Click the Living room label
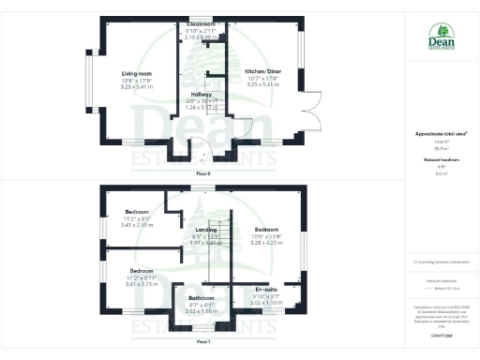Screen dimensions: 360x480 (x=137, y=71)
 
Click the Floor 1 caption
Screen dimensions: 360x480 (x=203, y=342)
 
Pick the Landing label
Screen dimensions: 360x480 (x=205, y=229)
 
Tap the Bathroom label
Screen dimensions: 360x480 (x=202, y=297)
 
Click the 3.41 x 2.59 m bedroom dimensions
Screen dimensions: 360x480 (x=138, y=225)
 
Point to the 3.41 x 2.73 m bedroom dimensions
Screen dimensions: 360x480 (x=138, y=282)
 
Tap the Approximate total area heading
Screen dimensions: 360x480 (x=440, y=134)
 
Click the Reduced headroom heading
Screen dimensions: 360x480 (x=440, y=160)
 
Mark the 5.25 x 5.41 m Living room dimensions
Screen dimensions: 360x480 (x=137, y=85)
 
